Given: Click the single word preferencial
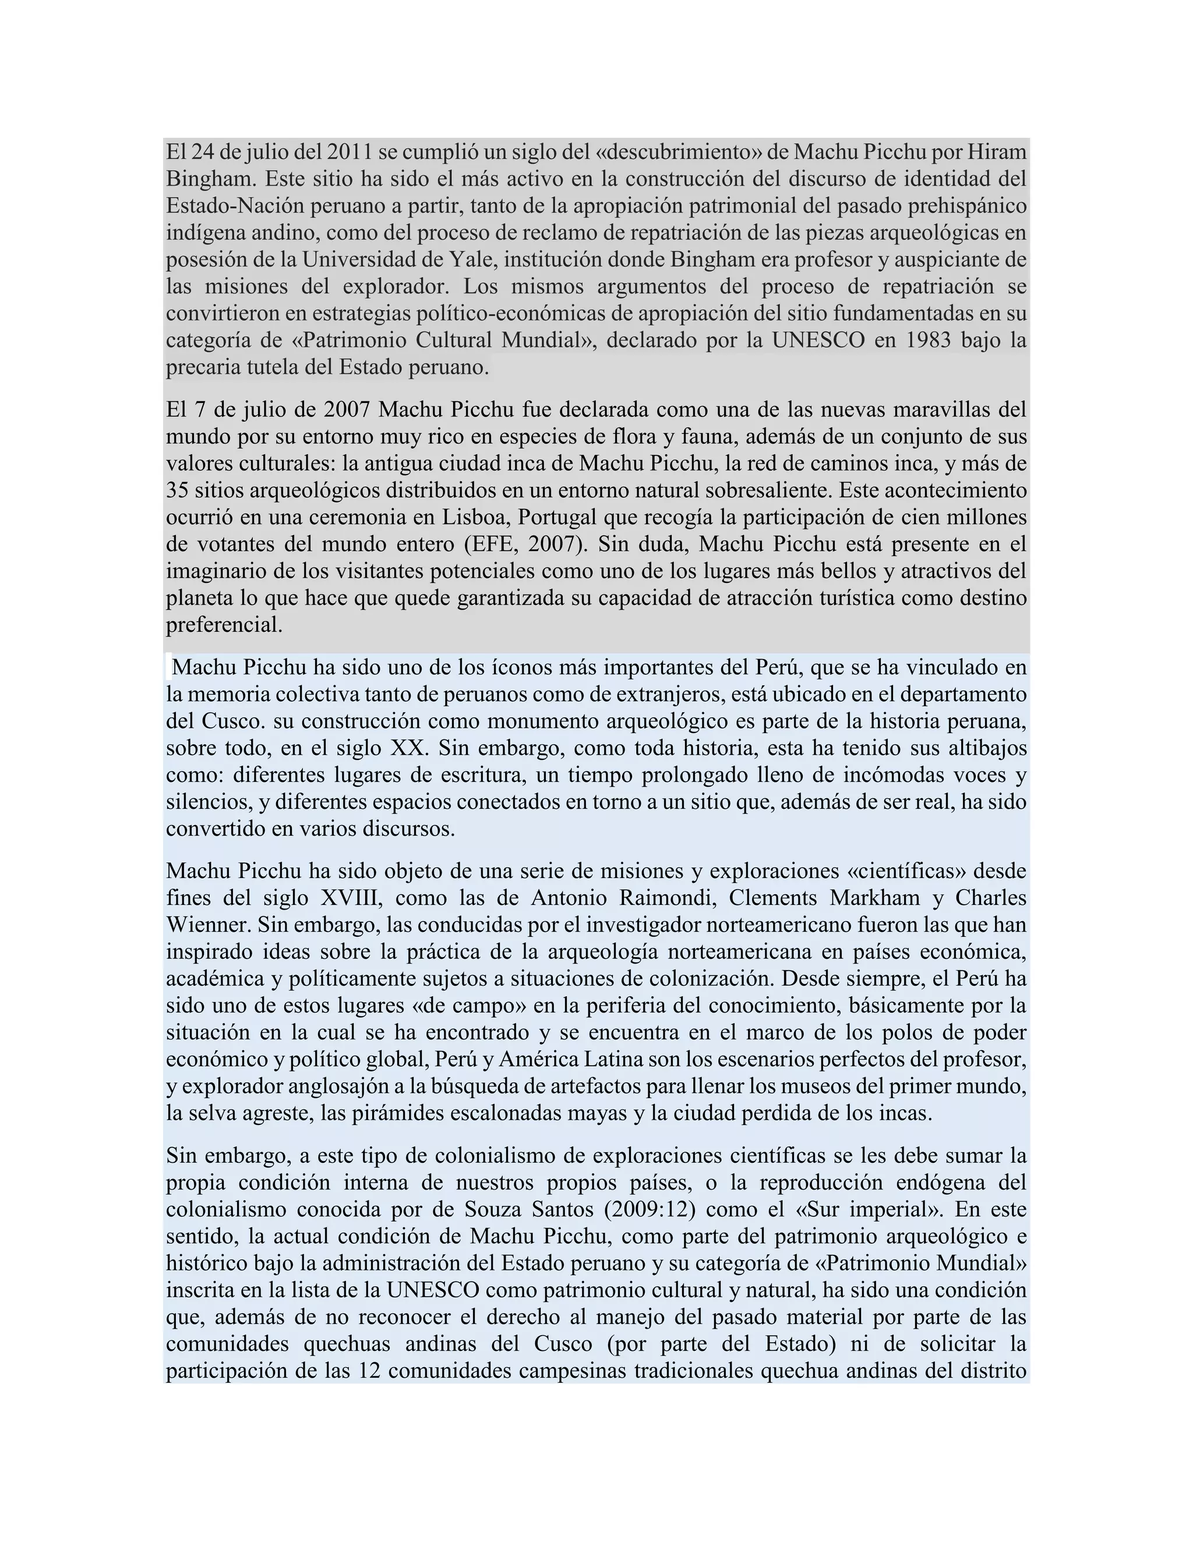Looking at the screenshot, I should [224, 625].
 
